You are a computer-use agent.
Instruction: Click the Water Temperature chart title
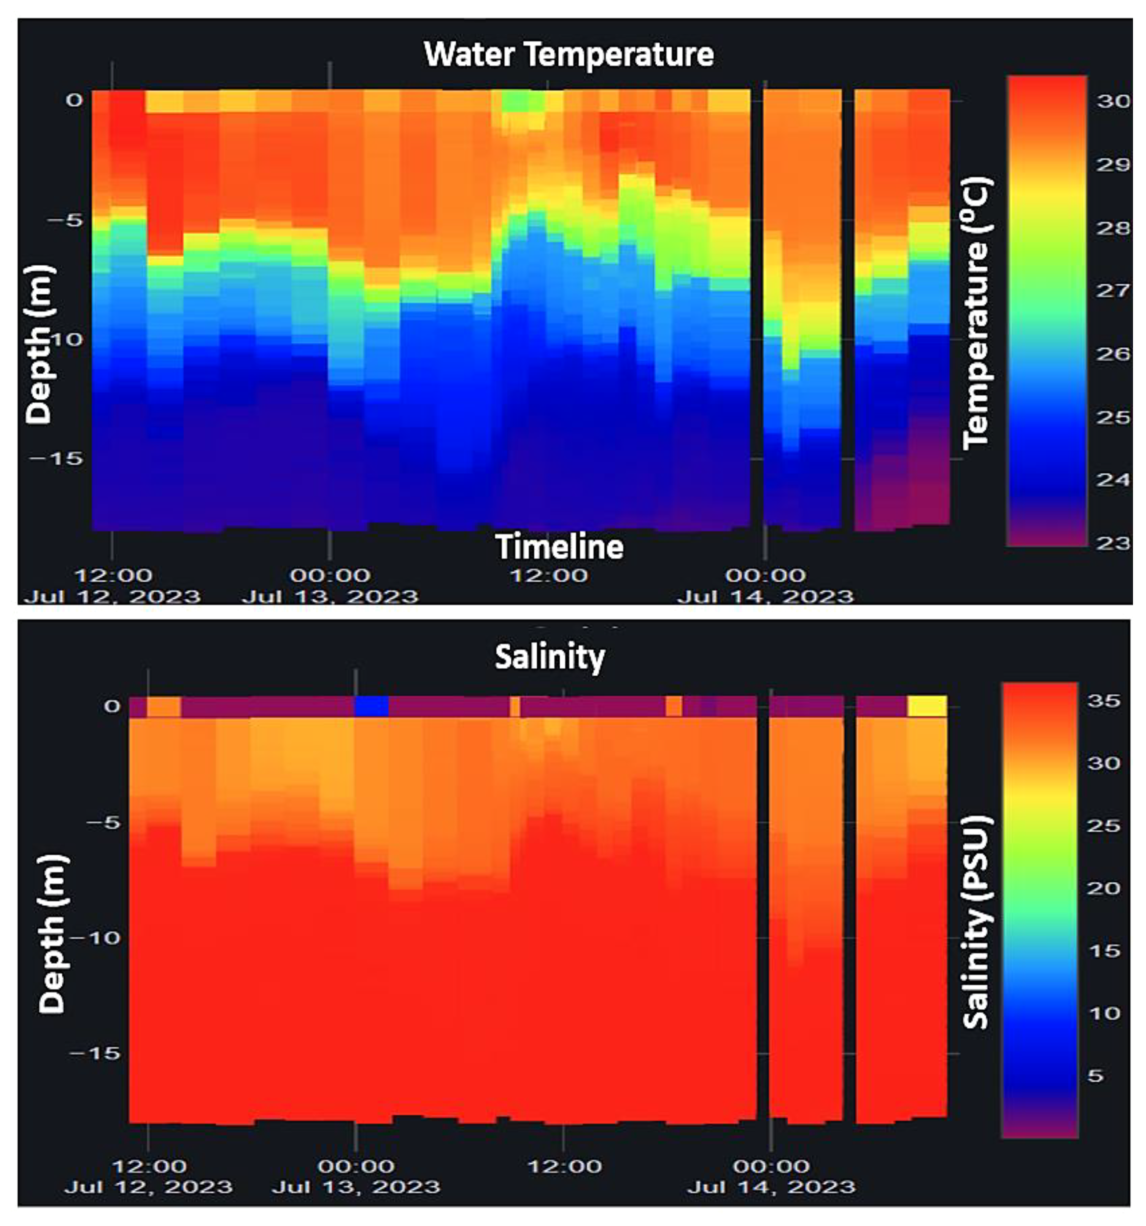(x=569, y=54)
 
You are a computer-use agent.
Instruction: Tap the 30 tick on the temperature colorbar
(x=1113, y=101)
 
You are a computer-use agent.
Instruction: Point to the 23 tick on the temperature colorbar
(x=1113, y=543)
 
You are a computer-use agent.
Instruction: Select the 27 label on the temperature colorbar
(x=1113, y=290)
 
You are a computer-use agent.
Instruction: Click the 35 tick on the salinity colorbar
(x=1103, y=701)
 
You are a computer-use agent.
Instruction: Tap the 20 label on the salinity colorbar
(x=1103, y=888)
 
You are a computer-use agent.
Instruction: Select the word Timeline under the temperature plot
(x=559, y=547)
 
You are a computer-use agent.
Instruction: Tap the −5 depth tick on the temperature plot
(x=65, y=220)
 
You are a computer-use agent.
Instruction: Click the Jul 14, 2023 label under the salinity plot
(x=771, y=1187)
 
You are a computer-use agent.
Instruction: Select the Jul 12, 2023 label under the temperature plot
(x=112, y=596)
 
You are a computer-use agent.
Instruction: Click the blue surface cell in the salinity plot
(x=372, y=706)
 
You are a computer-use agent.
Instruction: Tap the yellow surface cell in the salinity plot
(x=926, y=706)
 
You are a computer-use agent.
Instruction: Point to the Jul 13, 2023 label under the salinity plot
(x=356, y=1187)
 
